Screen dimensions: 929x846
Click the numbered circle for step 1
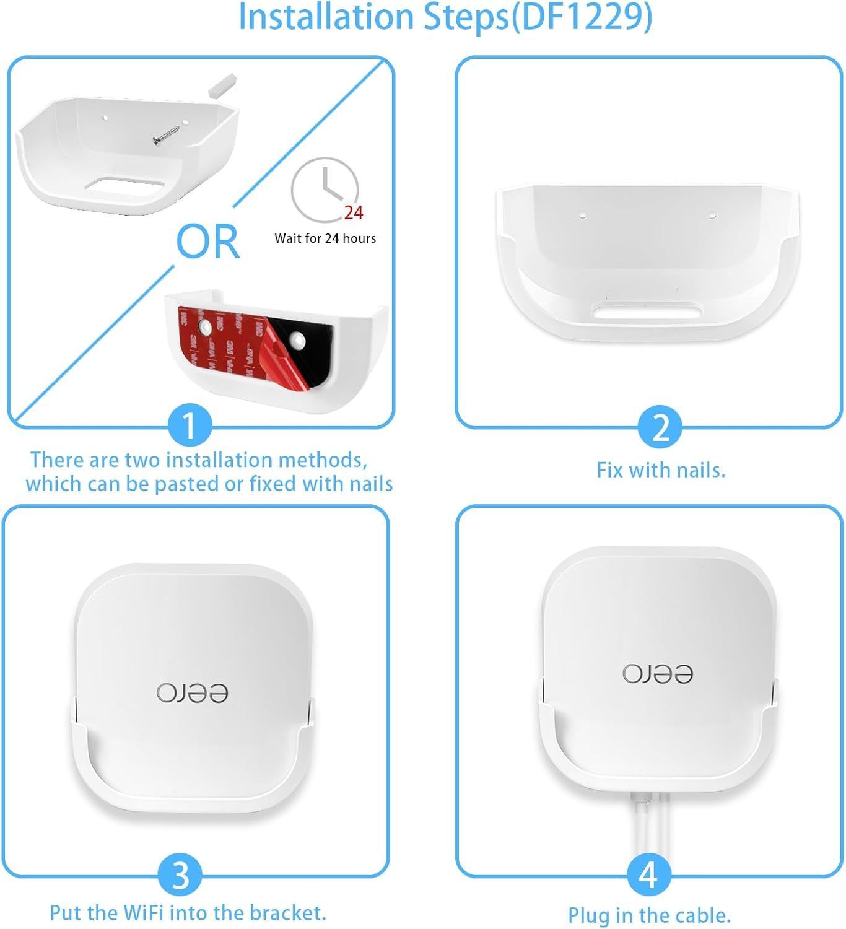tap(190, 425)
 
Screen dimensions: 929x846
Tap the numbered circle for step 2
tap(661, 427)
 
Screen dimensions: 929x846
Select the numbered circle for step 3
tap(180, 875)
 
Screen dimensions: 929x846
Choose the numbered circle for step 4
tap(648, 874)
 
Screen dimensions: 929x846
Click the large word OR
tap(207, 242)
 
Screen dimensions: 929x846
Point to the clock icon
tap(325, 189)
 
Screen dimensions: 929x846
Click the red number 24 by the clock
tap(354, 213)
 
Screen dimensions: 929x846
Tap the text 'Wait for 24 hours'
tap(325, 238)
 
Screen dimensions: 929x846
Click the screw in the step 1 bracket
tap(166, 135)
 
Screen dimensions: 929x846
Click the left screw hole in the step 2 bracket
tap(582, 216)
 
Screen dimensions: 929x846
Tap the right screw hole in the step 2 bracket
tap(712, 216)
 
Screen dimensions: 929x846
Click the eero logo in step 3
tap(192, 693)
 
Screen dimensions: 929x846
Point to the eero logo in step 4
tap(658, 673)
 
